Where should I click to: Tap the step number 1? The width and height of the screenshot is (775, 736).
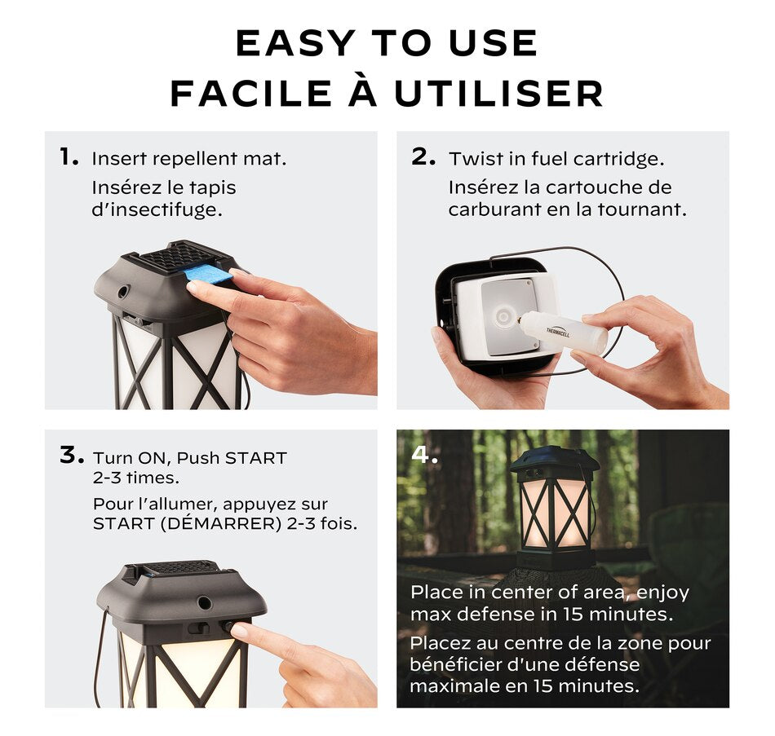tap(69, 156)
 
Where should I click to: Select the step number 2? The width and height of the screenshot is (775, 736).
tap(423, 156)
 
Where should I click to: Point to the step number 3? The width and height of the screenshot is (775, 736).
tap(72, 455)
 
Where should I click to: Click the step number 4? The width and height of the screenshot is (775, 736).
tap(424, 455)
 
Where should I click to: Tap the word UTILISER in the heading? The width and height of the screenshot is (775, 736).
tap(498, 94)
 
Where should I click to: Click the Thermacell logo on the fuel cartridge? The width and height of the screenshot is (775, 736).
tap(557, 332)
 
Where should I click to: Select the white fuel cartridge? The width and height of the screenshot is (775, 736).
tap(563, 332)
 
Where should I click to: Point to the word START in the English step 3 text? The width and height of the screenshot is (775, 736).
tap(255, 458)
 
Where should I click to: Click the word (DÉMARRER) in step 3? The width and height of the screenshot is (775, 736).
tap(221, 523)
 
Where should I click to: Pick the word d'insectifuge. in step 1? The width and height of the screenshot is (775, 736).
tap(157, 209)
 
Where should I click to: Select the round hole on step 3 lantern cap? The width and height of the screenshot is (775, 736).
tap(204, 602)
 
